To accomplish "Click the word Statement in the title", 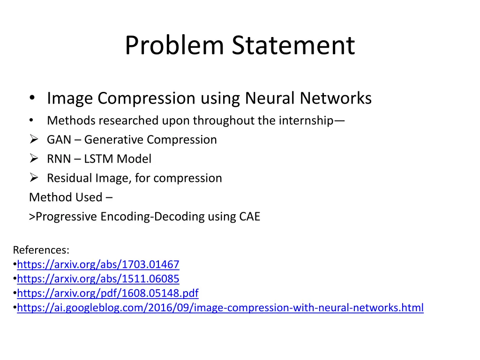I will pos(293,46).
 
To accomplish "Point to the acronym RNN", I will pos(59,159).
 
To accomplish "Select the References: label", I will pos(41,249).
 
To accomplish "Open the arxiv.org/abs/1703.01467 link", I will pos(98,264).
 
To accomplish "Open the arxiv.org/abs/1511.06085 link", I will pos(98,279).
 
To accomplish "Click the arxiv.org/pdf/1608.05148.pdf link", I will pos(107,293).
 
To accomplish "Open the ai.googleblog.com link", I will pos(220,308).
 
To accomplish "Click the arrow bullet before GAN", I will pos(33,140).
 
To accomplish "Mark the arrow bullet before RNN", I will pos(33,159).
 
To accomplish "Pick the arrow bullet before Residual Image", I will pos(33,178).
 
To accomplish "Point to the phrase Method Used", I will pos(65,197).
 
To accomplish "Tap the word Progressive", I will pos(67,217).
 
